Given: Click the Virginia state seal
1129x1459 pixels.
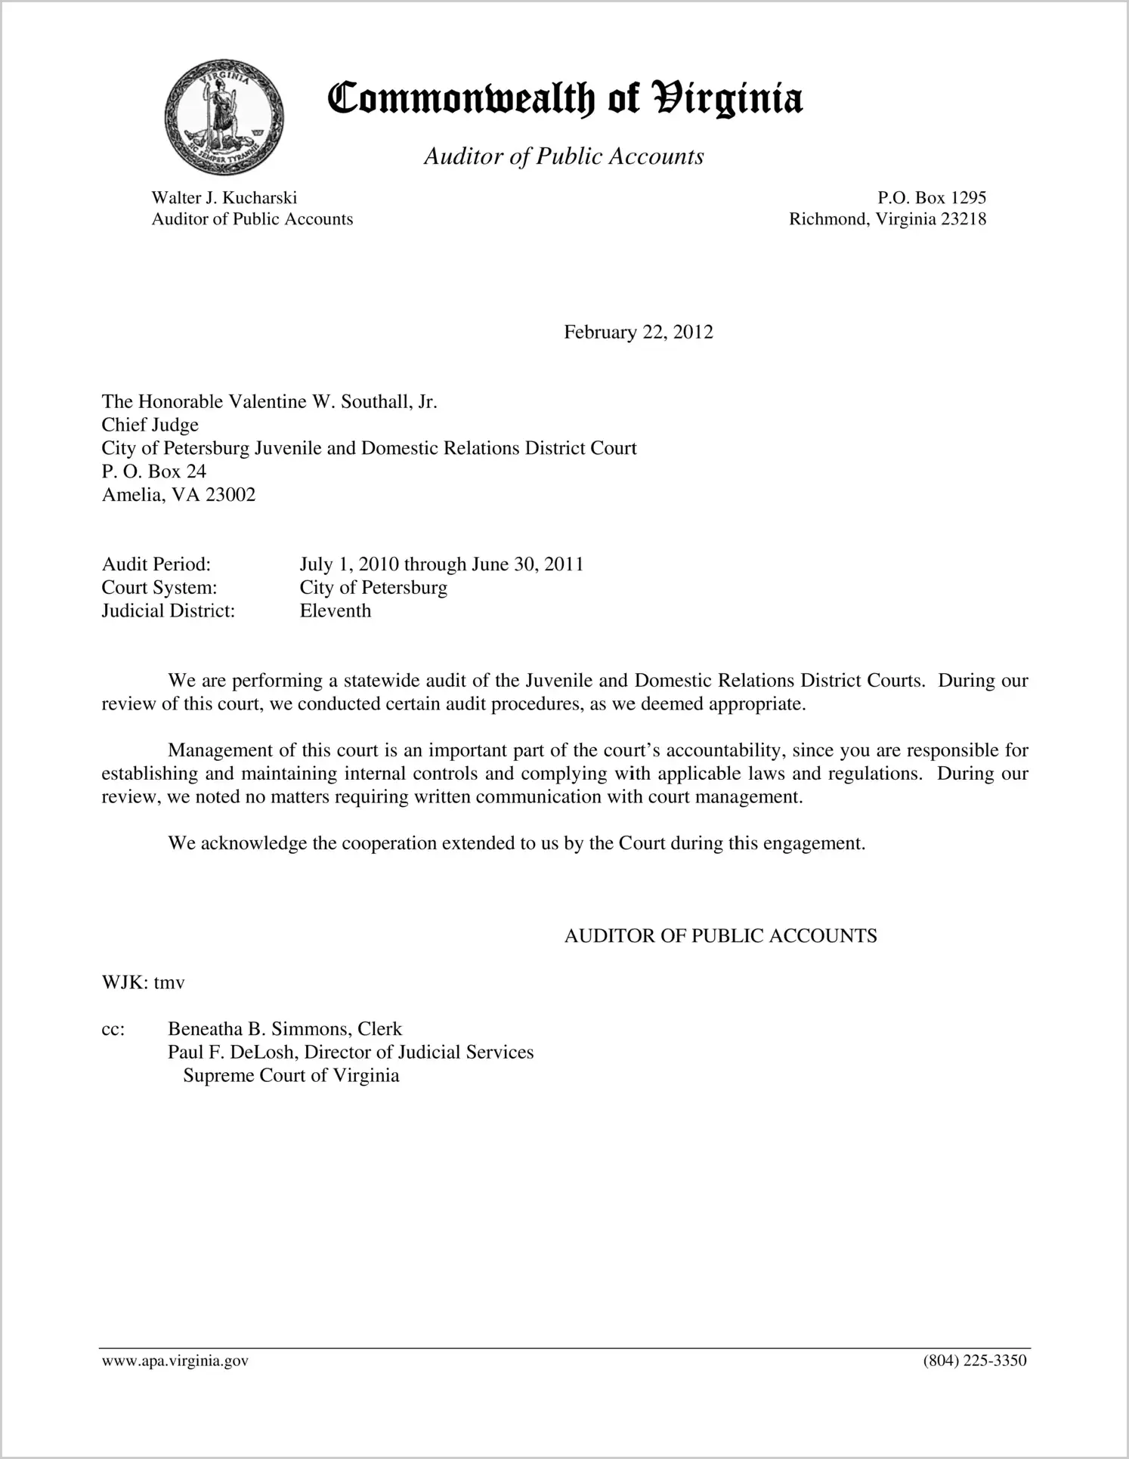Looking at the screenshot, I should coord(223,119).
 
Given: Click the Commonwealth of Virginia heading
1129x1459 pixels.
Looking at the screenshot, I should coord(564,100).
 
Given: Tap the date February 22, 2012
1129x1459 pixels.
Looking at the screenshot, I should coord(638,332).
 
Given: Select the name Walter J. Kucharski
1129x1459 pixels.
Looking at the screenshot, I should coord(224,198).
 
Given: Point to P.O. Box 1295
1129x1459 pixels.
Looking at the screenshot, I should coord(931,198).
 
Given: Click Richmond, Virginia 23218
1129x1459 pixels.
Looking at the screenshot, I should coord(887,219).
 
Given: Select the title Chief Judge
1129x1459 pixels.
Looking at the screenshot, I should coord(150,425).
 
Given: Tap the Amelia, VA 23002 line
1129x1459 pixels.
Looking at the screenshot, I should coord(178,495).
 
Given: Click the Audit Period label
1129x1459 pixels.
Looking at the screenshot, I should coord(156,564).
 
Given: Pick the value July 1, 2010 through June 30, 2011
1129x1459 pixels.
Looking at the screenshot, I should coord(441,564).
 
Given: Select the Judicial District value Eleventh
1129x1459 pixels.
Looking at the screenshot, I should coord(336,610).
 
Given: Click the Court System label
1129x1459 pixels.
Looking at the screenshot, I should coord(159,588).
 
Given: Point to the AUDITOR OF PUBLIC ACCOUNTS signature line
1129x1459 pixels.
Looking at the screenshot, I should coord(720,936).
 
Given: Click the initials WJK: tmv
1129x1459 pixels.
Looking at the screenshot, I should coord(143,982).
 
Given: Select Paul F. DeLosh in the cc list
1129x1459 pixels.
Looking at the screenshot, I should coord(230,1053).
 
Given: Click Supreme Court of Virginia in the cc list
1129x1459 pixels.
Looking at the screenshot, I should coord(291,1076).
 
